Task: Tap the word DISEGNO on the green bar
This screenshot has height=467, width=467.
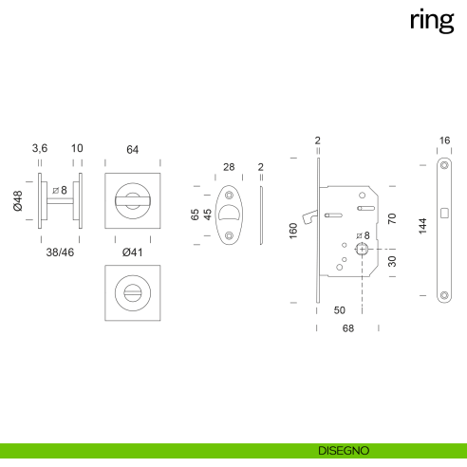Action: click(345, 449)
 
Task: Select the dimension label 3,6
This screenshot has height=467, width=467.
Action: click(40, 149)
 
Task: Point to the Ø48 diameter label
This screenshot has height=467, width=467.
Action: click(18, 201)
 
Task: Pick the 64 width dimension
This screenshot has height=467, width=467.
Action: click(132, 149)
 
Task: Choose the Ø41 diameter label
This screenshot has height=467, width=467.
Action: click(132, 252)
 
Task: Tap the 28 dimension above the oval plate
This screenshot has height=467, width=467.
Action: click(228, 167)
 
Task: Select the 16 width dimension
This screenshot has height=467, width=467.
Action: click(445, 140)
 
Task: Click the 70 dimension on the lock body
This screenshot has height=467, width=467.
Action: click(392, 218)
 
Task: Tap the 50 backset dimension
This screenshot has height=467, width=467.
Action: click(339, 309)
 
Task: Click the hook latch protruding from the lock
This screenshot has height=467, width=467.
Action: click(307, 223)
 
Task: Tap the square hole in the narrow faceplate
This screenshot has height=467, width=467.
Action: click(445, 211)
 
